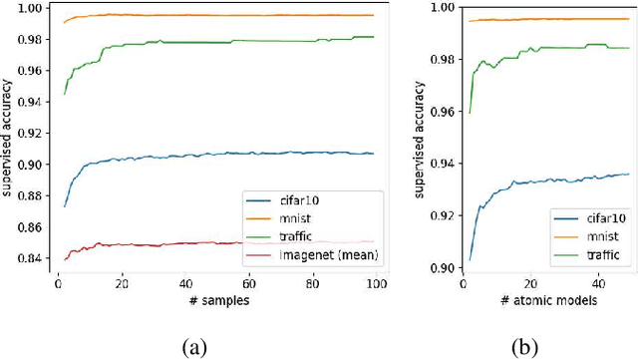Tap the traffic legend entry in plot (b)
(x=594, y=255)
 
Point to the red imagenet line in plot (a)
(x=199, y=242)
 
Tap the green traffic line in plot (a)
(x=199, y=43)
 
